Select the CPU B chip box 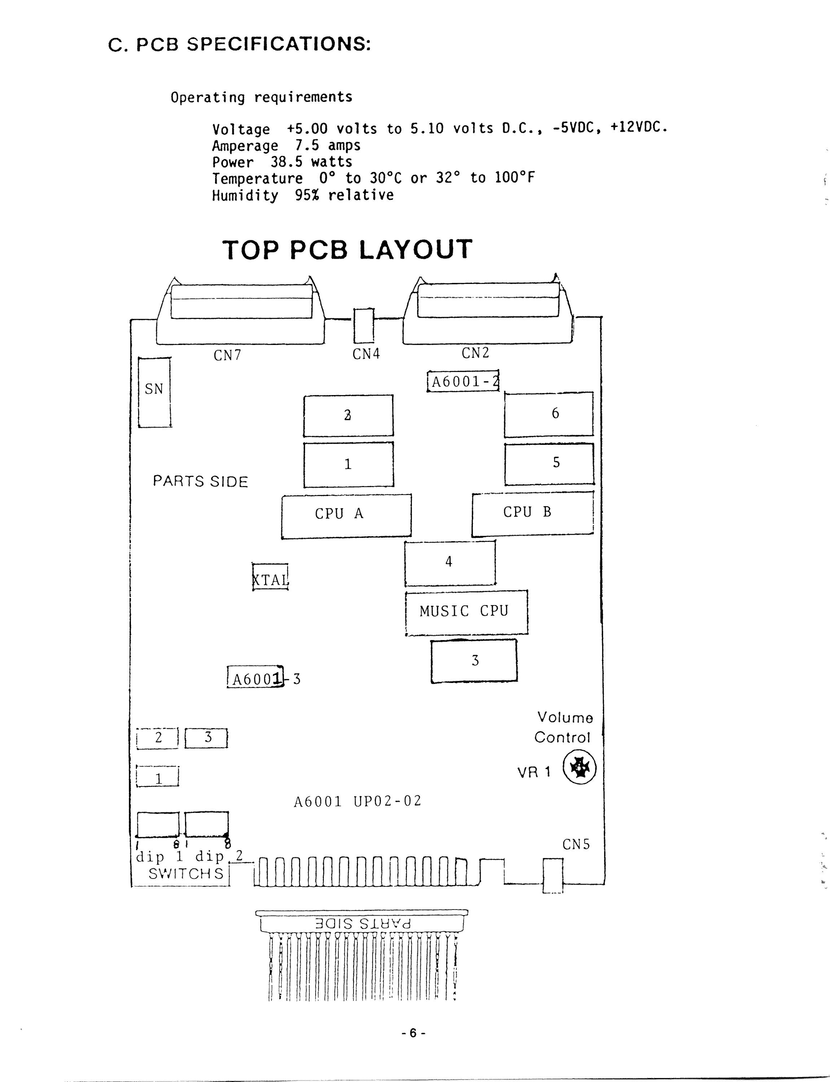532,514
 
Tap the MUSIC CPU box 466,612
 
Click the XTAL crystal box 270,577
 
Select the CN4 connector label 366,354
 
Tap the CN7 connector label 227,355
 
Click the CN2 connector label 475,353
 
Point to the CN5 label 576,844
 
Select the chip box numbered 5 549,464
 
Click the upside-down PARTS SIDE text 363,923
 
